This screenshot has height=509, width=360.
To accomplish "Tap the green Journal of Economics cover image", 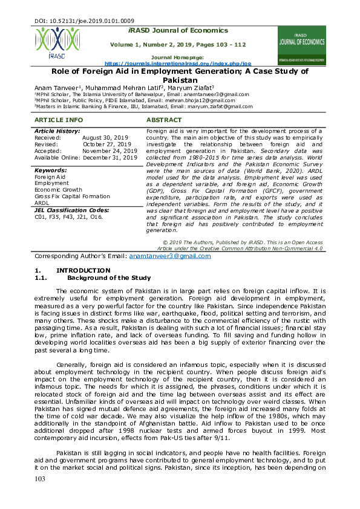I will click(x=301, y=45).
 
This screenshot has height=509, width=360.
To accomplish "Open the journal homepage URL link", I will click(x=177, y=63).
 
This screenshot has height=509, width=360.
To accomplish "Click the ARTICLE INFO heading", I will click(x=54, y=120).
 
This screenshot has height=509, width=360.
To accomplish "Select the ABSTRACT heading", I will click(x=164, y=120).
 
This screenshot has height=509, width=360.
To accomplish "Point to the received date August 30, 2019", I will click(x=105, y=138).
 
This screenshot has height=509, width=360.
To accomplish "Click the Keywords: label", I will click(x=50, y=170).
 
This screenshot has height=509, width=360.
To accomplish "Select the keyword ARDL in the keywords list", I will click(x=42, y=203).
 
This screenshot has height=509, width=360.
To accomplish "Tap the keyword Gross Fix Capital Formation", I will click(x=72, y=196).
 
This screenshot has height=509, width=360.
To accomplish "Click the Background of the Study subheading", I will click(x=108, y=277).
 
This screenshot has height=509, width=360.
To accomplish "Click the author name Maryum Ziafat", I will click(x=187, y=87).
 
